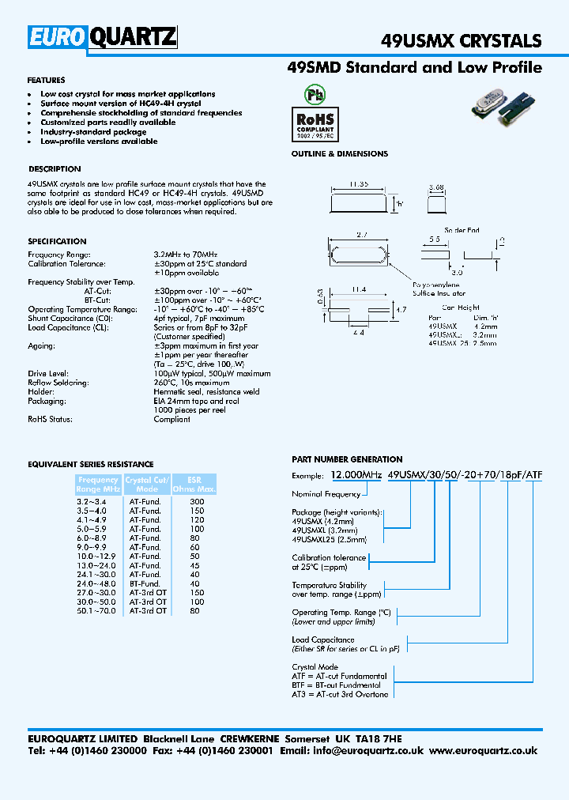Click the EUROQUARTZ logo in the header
click(103, 37)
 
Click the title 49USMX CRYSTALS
click(462, 41)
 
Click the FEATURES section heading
click(46, 81)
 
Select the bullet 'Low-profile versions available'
click(99, 142)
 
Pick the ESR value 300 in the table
click(197, 502)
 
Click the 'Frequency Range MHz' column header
click(99, 485)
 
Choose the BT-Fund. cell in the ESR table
click(145, 584)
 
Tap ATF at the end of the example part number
click(535, 475)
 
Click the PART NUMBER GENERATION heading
click(347, 459)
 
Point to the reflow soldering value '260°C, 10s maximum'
click(191, 383)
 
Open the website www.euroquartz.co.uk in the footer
click(484, 751)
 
